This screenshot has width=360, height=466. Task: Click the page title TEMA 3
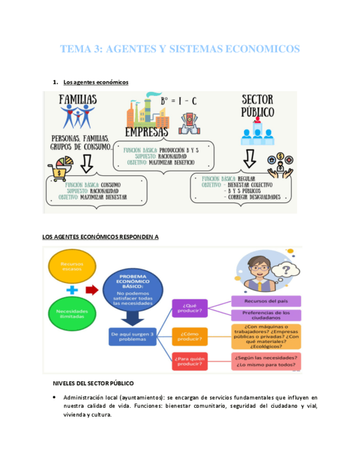180,49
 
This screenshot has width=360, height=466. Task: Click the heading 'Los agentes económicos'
96,82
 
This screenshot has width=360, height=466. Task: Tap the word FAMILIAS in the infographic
77,99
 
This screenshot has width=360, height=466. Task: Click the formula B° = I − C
179,102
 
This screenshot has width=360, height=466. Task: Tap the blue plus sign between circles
71,290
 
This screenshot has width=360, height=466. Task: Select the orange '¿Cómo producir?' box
190,336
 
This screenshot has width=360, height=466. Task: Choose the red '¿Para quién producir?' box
190,361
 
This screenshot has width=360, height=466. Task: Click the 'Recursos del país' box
265,301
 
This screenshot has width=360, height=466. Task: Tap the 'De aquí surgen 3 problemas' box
132,336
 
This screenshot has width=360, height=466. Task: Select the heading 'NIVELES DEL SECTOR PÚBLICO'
93,383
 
